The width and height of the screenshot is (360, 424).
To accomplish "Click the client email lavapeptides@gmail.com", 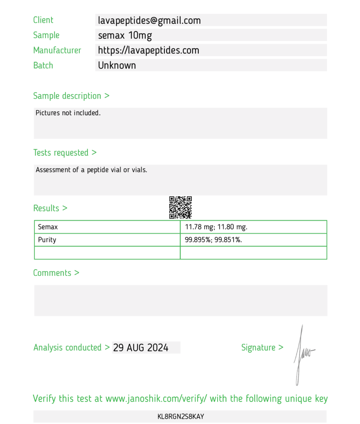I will coord(149,20).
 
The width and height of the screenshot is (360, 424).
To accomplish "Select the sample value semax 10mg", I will coord(125,35).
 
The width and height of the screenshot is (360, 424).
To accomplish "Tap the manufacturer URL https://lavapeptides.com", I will coord(148,51).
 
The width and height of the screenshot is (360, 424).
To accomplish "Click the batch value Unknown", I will coord(117,65).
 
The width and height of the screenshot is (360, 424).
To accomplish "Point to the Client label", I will coord(43,20).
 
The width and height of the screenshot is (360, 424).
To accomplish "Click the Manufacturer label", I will coord(57,51).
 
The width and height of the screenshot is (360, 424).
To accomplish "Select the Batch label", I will coord(43,65).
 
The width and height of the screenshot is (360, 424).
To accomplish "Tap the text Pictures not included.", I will coord(68,113).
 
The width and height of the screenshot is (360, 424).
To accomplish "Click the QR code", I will coord(180,207).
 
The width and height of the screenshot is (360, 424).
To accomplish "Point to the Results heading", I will coord(50,208).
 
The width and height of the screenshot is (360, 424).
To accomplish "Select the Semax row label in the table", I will coord(48,227).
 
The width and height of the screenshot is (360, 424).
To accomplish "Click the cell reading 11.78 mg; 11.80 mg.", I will coord(216,227).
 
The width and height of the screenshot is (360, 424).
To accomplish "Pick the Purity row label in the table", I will coord(47,240).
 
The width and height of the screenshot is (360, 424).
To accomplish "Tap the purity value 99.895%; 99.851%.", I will coord(213,240).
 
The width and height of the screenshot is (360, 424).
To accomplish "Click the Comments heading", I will coord(56,273).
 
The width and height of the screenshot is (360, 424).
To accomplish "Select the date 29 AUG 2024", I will coord(141,348).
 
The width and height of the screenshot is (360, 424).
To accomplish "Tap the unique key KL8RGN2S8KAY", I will coord(181,417).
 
